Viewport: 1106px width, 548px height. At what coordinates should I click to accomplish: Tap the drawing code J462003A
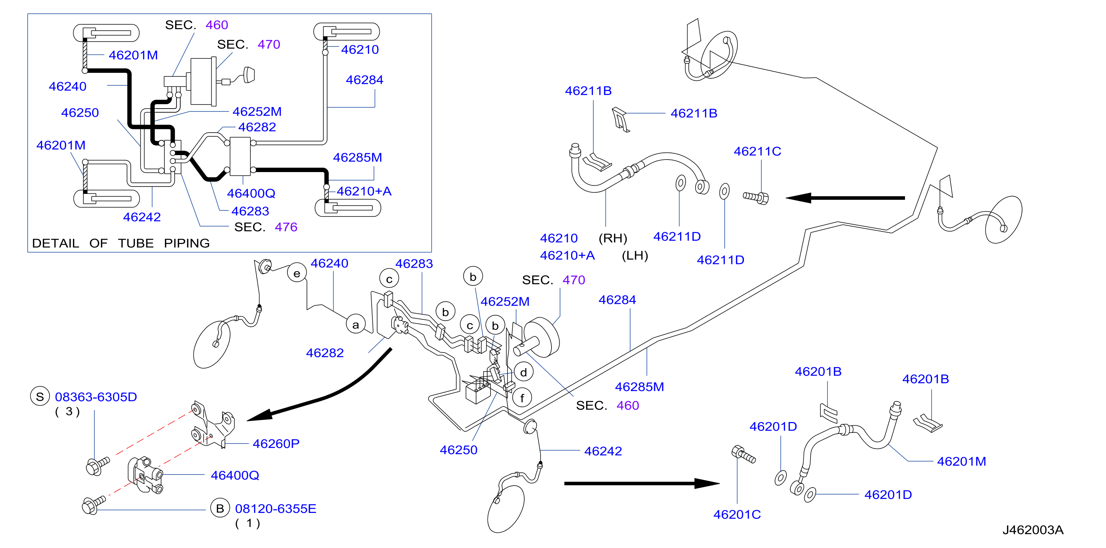click(1032, 530)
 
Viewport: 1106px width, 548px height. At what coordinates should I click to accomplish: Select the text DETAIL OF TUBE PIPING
click(121, 243)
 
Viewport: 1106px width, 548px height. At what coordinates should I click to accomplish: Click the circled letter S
click(40, 397)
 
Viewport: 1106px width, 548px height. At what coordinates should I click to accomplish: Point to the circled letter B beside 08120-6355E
click(220, 508)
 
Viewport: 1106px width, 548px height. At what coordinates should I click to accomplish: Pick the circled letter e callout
click(297, 273)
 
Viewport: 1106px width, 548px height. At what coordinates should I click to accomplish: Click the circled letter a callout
click(355, 325)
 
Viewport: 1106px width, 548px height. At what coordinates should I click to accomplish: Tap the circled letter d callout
click(523, 372)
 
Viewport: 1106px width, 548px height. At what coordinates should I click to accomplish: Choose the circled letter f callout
click(522, 398)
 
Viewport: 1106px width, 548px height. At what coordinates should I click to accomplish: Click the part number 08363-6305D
click(96, 397)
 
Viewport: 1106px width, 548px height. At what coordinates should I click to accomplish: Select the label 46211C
click(757, 151)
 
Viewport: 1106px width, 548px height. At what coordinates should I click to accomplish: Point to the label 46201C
click(737, 514)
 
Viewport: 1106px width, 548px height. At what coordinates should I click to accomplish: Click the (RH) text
click(613, 238)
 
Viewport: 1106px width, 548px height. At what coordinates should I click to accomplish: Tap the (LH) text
click(635, 256)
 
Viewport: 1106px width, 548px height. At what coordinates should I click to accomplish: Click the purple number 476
click(286, 227)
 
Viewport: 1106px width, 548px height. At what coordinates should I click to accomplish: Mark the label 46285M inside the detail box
click(357, 157)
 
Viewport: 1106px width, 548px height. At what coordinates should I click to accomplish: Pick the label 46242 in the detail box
click(142, 217)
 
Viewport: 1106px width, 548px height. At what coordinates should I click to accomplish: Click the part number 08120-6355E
click(275, 508)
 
